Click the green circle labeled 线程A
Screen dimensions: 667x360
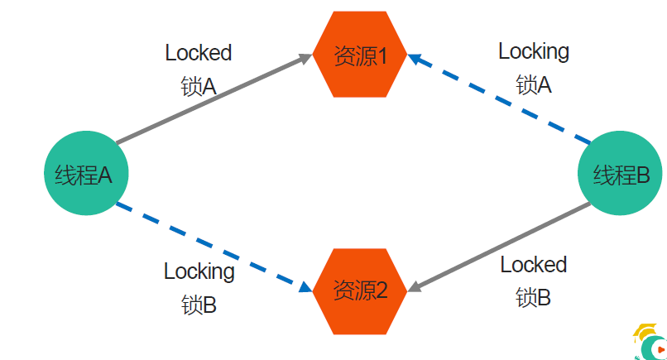pos(86,173)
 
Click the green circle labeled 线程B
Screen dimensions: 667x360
pos(620,173)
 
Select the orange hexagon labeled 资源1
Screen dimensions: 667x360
pos(360,55)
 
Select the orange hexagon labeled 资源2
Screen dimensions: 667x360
pos(360,291)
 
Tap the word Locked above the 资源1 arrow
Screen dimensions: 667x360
pos(199,53)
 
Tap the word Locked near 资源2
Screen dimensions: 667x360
pos(534,264)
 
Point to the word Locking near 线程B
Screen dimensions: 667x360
pos(534,52)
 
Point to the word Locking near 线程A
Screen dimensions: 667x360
pos(199,271)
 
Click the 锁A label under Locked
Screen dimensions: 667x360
pos(199,86)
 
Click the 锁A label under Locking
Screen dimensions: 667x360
pos(534,84)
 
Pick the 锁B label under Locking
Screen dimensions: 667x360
pos(199,305)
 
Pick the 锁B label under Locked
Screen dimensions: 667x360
pos(533,297)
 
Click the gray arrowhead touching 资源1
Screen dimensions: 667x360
pos(306,58)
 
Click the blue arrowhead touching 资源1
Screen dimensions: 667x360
pos(415,59)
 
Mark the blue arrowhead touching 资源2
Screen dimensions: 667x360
pos(306,288)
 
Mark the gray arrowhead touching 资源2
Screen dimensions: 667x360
pos(415,287)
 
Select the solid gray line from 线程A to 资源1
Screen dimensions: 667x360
pos(214,99)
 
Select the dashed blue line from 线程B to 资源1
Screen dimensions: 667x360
pos(499,99)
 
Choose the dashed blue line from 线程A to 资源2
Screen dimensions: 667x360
pos(214,247)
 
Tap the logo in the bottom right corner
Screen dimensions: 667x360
pos(650,342)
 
